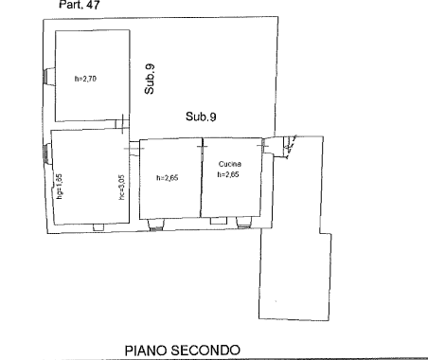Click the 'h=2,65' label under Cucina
point(232,174)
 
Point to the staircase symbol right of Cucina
point(289,145)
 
